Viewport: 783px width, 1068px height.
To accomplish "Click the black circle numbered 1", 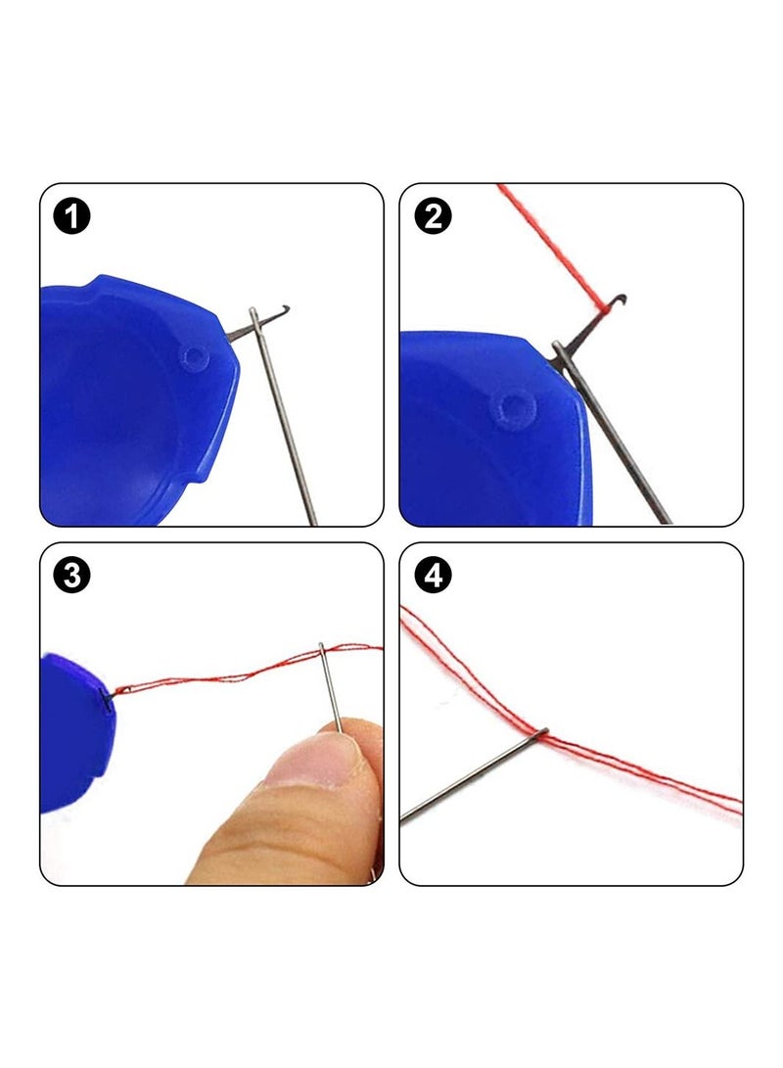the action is tap(71, 216).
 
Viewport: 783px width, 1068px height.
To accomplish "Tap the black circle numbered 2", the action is tap(433, 216).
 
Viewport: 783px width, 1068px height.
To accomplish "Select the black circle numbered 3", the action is tap(71, 576).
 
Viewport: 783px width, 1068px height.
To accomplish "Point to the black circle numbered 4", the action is tap(433, 576).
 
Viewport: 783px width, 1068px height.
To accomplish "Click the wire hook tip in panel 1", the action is tap(287, 307).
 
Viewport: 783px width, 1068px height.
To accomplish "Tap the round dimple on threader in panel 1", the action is tap(195, 356).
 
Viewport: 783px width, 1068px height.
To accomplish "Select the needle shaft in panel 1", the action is tap(283, 415).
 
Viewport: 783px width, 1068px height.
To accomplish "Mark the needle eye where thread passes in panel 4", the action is tap(542, 733).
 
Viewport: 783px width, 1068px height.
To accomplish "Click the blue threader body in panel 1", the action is tap(133, 402).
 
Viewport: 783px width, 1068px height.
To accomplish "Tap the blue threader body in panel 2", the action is tap(493, 429).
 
